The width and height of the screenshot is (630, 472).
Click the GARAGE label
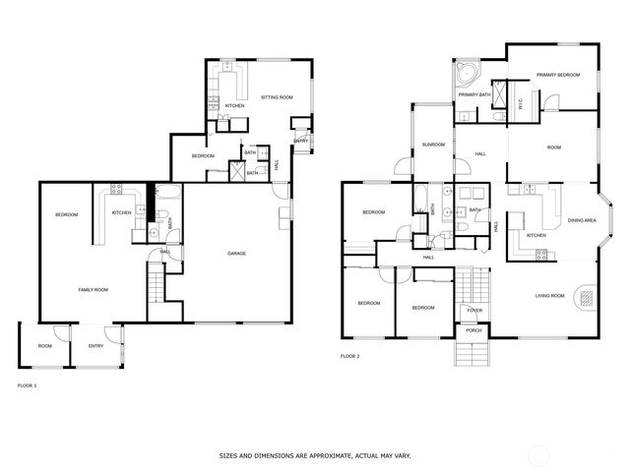(236, 254)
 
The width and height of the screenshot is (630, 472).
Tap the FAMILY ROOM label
(94, 290)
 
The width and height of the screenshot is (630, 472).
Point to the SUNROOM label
(433, 145)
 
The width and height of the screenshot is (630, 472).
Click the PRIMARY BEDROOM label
(557, 75)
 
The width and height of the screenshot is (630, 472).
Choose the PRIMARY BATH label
(473, 94)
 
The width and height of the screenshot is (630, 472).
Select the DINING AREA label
(582, 220)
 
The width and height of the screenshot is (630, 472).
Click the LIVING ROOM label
(549, 295)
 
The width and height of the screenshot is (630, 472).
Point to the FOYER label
(474, 311)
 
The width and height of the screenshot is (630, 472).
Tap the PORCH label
(473, 330)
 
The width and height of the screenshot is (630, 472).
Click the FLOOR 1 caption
(28, 385)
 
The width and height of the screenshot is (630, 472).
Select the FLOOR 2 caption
(349, 356)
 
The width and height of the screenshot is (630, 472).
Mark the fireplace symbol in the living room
(588, 296)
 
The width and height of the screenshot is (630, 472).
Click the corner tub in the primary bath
(464, 75)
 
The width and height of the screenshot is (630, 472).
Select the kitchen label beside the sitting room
(234, 105)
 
